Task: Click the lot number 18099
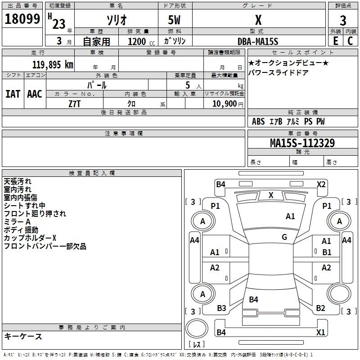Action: click(22, 19)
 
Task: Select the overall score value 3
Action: click(343, 20)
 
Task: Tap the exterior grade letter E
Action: click(335, 40)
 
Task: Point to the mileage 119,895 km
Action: click(52, 65)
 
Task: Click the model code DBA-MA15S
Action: click(258, 41)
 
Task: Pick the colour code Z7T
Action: click(74, 103)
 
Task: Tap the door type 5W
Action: click(175, 20)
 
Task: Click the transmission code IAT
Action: click(13, 94)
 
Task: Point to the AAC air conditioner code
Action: click(35, 94)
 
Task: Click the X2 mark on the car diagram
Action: click(321, 184)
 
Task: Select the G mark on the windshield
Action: click(284, 237)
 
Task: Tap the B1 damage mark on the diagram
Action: click(327, 252)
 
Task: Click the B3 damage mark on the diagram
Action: click(221, 308)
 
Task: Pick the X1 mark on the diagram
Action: click(321, 333)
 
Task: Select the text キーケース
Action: click(23, 337)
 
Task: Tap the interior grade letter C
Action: click(350, 40)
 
